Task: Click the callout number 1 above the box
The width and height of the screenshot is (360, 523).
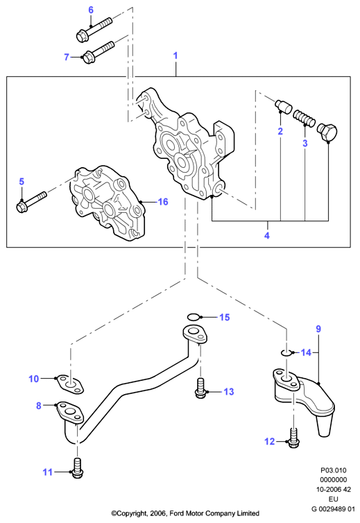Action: coord(175,55)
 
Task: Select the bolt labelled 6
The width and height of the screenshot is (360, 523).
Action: coord(94,29)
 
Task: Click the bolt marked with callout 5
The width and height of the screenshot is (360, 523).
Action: coord(31,201)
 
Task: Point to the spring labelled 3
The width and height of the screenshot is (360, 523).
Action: coord(304,118)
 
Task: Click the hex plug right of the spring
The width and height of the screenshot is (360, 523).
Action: coord(327,132)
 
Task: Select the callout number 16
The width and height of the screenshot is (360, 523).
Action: coord(163,202)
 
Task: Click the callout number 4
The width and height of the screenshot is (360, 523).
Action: coord(267,235)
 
